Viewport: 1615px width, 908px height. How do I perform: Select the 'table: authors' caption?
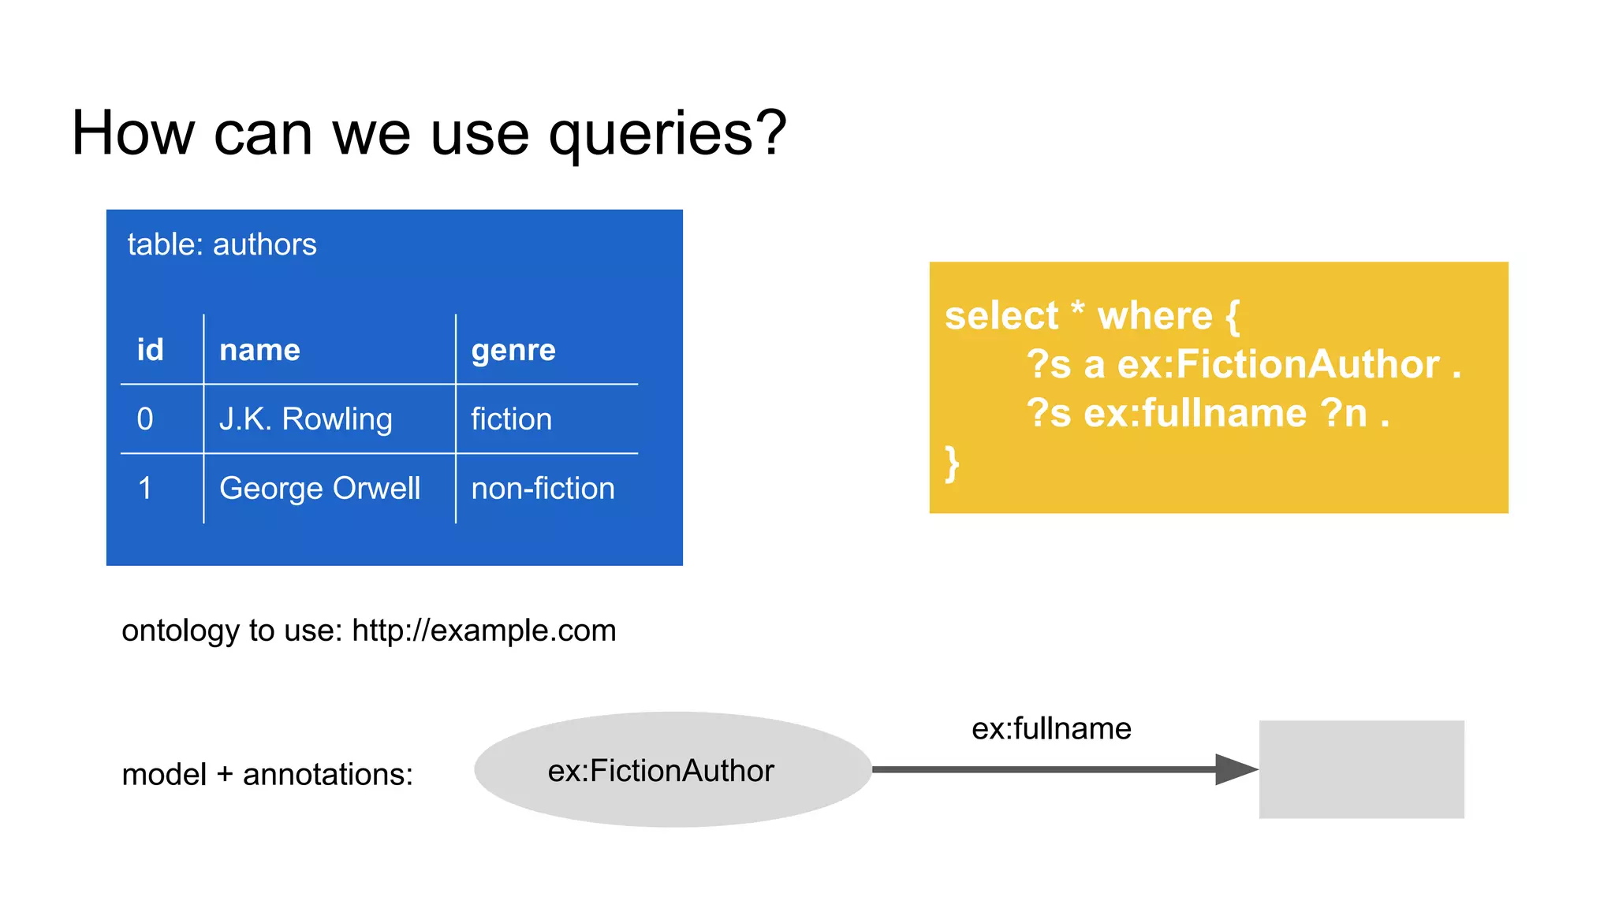click(x=222, y=244)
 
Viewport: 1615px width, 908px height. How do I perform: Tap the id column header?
click(x=150, y=350)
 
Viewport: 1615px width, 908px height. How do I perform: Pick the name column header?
click(x=259, y=350)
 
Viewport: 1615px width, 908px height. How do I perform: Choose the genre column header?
click(x=513, y=350)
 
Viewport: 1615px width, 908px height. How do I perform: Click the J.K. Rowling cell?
click(x=305, y=419)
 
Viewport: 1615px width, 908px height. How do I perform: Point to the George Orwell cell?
click(x=319, y=489)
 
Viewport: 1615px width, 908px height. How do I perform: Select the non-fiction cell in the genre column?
click(x=543, y=489)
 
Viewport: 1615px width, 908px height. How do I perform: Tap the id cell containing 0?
click(x=145, y=419)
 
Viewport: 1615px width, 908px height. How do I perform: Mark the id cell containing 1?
click(x=145, y=489)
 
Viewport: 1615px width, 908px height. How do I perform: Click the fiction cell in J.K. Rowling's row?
click(x=511, y=419)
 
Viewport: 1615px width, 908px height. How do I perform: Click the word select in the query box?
click(x=1001, y=316)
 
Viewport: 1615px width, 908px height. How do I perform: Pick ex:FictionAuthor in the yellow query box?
click(x=1278, y=365)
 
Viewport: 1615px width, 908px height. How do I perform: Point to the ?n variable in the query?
click(x=1344, y=413)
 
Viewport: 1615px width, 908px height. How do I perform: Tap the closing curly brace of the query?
click(x=952, y=463)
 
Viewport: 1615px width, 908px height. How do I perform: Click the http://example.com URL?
click(x=483, y=631)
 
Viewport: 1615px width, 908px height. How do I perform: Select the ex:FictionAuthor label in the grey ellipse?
click(x=661, y=771)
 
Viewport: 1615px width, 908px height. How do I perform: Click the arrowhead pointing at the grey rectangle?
click(x=1235, y=769)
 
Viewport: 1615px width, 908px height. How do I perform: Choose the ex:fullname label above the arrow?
click(x=1051, y=728)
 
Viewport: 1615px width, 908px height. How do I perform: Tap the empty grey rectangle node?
click(x=1361, y=769)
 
